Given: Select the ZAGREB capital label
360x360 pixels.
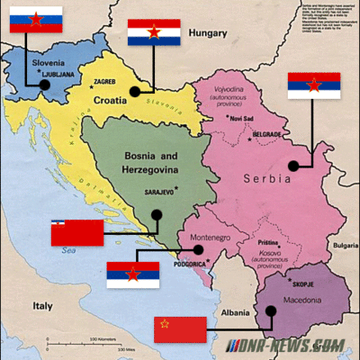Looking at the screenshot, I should pyautogui.click(x=106, y=79).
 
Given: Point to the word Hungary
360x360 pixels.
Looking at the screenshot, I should pyautogui.click(x=208, y=35).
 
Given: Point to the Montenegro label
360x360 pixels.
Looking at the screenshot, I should pyautogui.click(x=208, y=234).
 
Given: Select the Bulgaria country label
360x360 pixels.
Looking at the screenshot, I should pyautogui.click(x=345, y=245).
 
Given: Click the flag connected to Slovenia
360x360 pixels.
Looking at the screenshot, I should pyautogui.click(x=36, y=20).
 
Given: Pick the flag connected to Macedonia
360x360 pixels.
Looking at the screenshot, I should pyautogui.click(x=180, y=328).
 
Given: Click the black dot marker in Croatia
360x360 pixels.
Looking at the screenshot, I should pyautogui.click(x=135, y=91).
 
